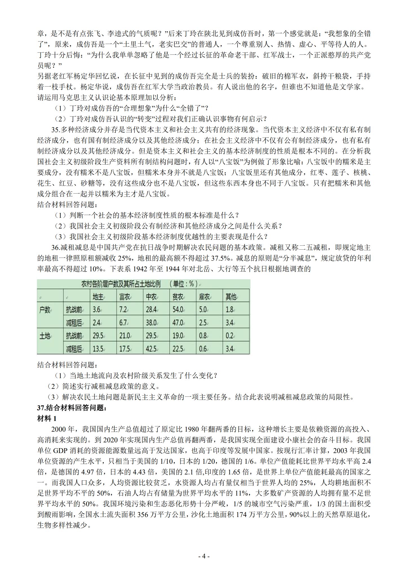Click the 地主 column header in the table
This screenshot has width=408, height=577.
pos(98,296)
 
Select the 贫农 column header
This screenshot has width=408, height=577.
pos(178,296)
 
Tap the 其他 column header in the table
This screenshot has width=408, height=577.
pos(231,296)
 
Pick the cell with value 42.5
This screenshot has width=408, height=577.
pos(151,349)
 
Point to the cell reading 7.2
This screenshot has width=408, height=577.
pos(123,309)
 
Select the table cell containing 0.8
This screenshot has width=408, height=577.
pos(203,336)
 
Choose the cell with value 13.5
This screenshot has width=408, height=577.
pos(98,349)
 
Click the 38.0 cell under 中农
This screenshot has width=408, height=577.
pos(151,323)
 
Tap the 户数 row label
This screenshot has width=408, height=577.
pos(45,309)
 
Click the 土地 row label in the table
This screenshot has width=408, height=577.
pos(45,336)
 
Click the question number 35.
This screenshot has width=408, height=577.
pos(56,130)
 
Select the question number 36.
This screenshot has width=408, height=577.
pos(56,248)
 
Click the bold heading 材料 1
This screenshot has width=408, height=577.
pos(47,419)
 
